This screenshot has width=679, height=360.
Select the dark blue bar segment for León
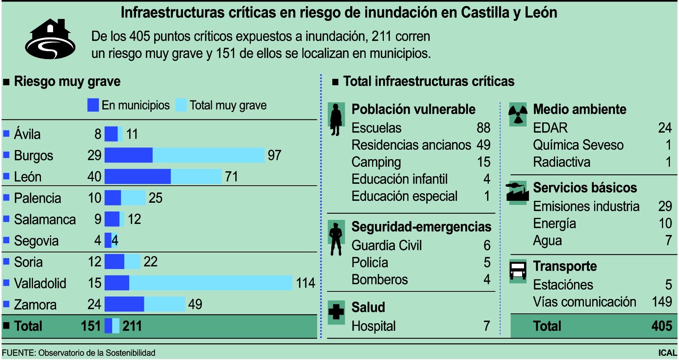[138, 177]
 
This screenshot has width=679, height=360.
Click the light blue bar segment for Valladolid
[210, 283]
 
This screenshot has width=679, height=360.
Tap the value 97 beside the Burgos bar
[274, 155]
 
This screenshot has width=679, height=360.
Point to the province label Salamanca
[45, 219]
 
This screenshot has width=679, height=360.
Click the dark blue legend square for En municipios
[93, 105]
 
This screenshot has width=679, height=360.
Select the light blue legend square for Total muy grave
[181, 105]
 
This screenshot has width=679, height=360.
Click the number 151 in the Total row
[91, 326]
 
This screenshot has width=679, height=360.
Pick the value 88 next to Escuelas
[483, 128]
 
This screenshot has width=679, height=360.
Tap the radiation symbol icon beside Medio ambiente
[518, 114]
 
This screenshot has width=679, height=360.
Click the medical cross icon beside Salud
[336, 312]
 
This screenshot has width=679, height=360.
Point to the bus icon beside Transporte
[518, 271]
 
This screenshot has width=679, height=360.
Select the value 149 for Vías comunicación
[662, 302]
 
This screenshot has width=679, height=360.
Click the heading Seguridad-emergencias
[421, 227]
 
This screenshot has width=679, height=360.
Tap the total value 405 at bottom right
[662, 326]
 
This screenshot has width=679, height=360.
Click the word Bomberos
[379, 280]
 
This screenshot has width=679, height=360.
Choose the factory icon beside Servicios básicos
[517, 192]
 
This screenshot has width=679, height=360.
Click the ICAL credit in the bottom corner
[667, 353]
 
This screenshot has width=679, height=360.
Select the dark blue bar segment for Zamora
[124, 304]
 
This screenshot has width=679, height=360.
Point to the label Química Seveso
[578, 145]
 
